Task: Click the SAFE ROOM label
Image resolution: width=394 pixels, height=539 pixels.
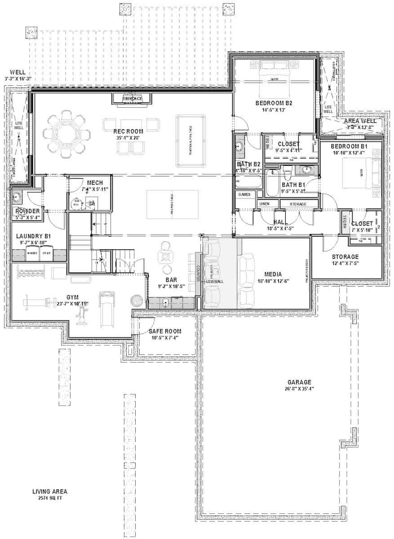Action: (x=165, y=331)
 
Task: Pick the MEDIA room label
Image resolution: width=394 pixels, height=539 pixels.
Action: (x=273, y=274)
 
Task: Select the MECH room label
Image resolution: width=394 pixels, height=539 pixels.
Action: (x=95, y=183)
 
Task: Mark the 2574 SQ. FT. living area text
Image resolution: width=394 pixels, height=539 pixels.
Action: (x=49, y=499)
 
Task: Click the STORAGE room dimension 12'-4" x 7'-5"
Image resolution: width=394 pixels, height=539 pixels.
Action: (x=345, y=263)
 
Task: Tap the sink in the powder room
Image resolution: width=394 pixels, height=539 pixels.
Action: (x=18, y=196)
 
